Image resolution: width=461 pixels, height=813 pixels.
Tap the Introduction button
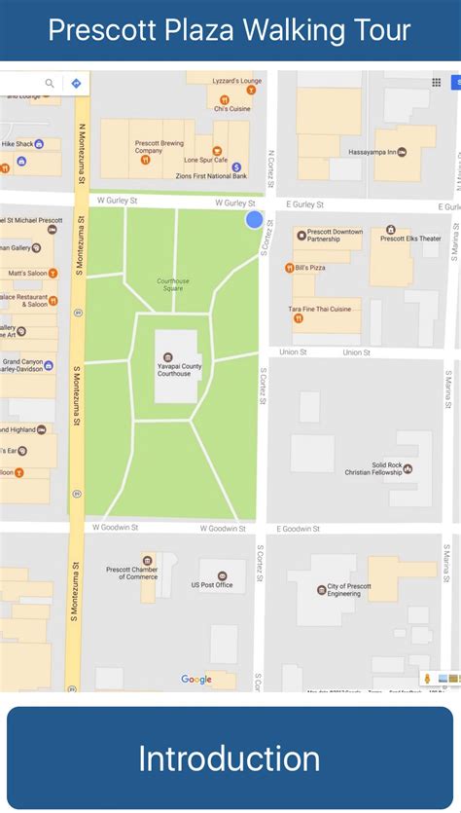point(230,758)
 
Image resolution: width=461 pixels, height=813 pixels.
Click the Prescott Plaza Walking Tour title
point(230,30)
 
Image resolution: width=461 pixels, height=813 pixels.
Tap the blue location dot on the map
point(255,220)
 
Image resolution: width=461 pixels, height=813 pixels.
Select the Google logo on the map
point(196,679)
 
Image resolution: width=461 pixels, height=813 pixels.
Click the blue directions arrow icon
point(76,84)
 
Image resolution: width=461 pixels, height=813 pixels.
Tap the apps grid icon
point(436,83)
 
